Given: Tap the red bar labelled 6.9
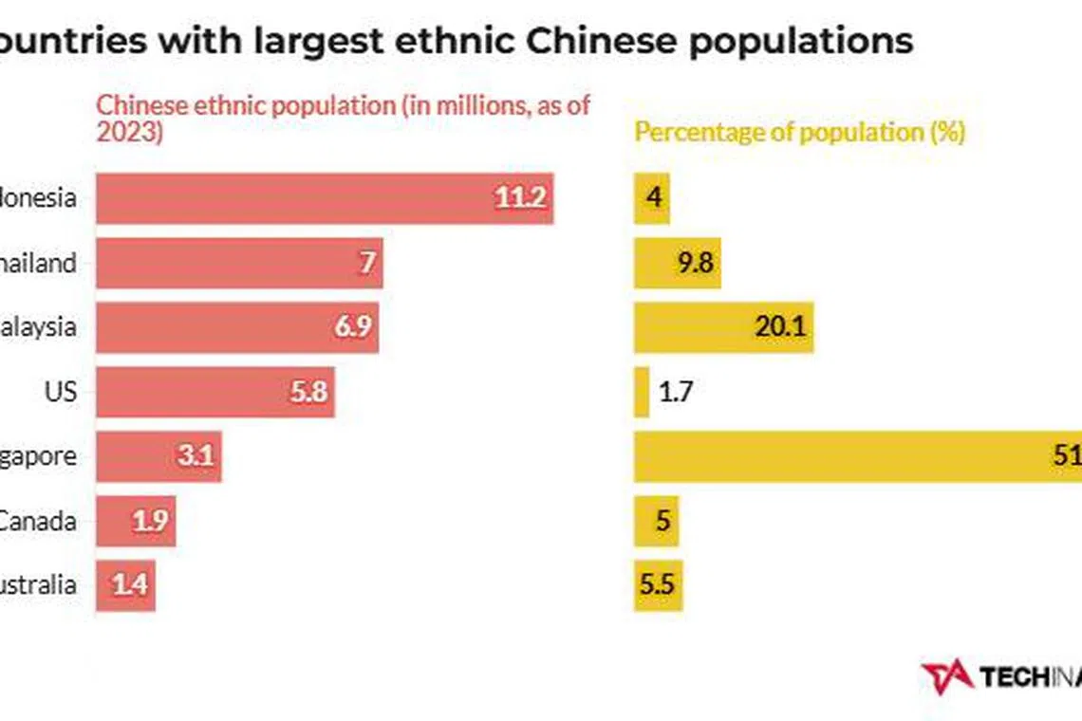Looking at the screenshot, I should (237, 327).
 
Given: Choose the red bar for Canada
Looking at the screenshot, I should (136, 521).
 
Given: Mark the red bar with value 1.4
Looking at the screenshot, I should (125, 585).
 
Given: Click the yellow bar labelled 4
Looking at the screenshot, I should (652, 198).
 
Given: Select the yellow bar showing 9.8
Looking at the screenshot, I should (678, 263).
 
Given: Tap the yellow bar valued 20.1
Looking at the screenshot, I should (723, 327).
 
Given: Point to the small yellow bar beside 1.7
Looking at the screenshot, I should (642, 392).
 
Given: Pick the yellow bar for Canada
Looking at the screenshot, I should (656, 521).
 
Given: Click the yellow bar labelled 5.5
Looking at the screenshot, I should (658, 585).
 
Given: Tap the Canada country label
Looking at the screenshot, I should (38, 521).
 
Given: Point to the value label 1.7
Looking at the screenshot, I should (675, 392).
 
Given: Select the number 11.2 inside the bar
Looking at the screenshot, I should (519, 198).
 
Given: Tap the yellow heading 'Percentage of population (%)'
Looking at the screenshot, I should (799, 132).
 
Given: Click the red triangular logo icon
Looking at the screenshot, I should (946, 675).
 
